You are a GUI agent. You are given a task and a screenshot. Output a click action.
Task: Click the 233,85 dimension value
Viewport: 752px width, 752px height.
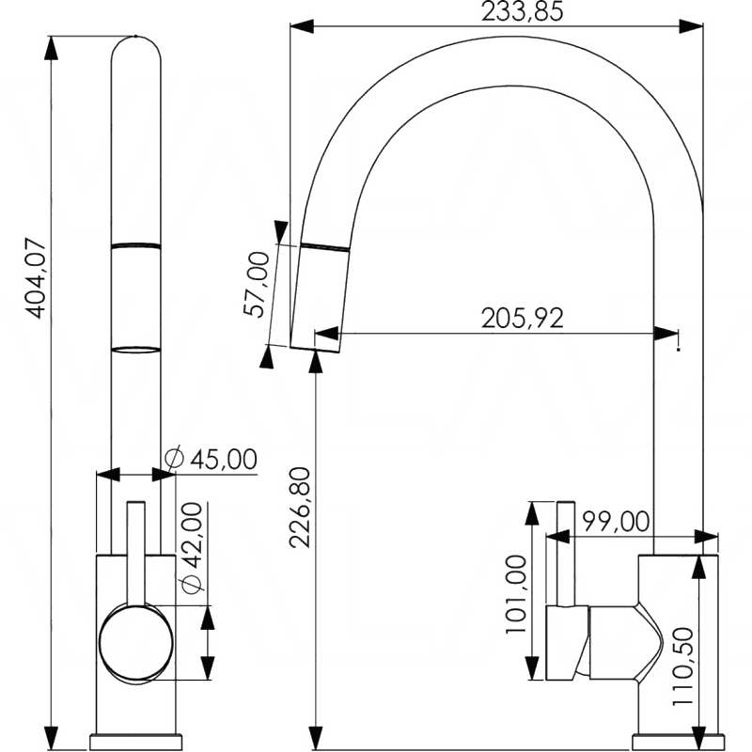tap(522, 12)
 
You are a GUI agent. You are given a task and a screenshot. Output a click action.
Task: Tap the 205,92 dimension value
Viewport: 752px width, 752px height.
tap(523, 318)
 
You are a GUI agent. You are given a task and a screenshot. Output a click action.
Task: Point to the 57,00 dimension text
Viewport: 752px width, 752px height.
tap(256, 285)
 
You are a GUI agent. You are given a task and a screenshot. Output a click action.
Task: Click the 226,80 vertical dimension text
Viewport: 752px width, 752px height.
tap(300, 508)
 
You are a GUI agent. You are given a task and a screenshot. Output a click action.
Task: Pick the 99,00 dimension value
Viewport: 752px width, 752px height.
tap(616, 522)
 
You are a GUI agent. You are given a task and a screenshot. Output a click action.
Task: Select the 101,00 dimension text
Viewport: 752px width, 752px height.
tap(516, 595)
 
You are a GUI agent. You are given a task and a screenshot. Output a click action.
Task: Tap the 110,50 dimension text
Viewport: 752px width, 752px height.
tap(682, 666)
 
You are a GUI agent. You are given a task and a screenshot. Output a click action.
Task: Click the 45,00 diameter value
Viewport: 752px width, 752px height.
tap(224, 460)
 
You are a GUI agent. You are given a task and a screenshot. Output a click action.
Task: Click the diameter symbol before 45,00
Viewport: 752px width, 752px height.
tap(174, 457)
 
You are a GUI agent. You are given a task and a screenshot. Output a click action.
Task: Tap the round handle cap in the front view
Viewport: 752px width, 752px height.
tap(135, 644)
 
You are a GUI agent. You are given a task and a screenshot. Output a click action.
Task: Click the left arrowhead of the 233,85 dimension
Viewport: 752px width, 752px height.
tap(302, 26)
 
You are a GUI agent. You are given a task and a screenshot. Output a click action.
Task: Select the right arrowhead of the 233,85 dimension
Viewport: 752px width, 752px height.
tap(692, 26)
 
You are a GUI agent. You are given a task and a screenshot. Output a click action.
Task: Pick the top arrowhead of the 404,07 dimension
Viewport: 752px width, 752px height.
tap(51, 48)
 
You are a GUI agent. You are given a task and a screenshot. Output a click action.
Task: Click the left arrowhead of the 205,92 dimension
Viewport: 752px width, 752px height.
tap(326, 333)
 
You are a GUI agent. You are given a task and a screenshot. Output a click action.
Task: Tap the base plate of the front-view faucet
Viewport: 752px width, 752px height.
tap(135, 741)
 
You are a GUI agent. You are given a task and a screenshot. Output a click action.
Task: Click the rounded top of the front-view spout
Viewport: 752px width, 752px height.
tap(135, 47)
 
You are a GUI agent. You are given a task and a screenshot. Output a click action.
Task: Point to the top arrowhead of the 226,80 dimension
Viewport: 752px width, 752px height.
tap(316, 362)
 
